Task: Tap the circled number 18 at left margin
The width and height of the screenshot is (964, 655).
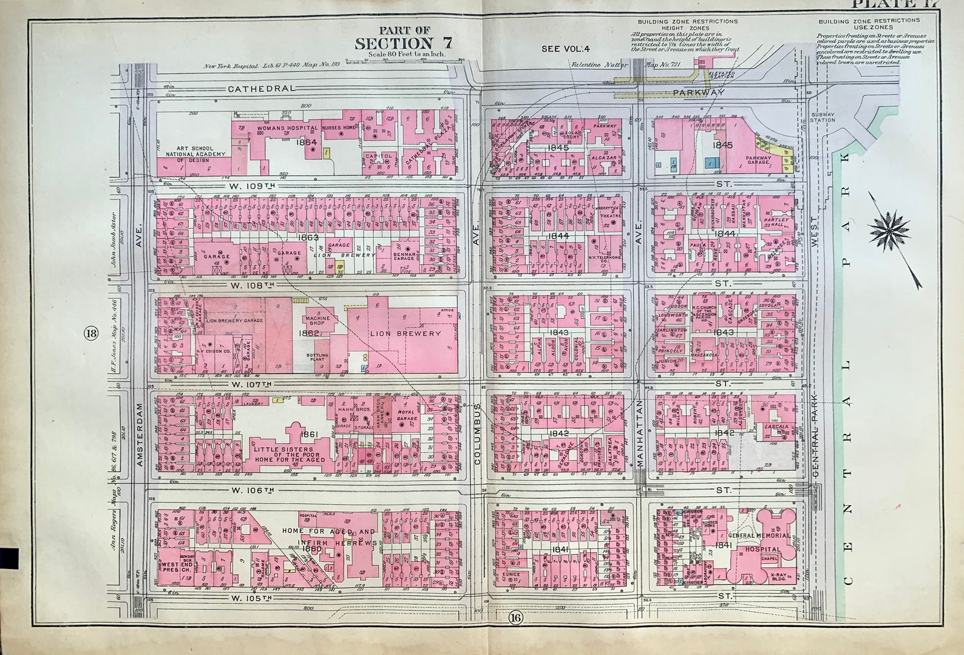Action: point(92,333)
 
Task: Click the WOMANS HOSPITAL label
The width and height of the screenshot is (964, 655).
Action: point(288,129)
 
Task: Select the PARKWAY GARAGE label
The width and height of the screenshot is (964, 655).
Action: point(759,161)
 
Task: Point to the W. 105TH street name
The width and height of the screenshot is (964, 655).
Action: point(249,598)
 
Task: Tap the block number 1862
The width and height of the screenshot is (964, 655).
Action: point(309,333)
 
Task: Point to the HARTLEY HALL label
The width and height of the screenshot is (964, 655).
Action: point(779,222)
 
